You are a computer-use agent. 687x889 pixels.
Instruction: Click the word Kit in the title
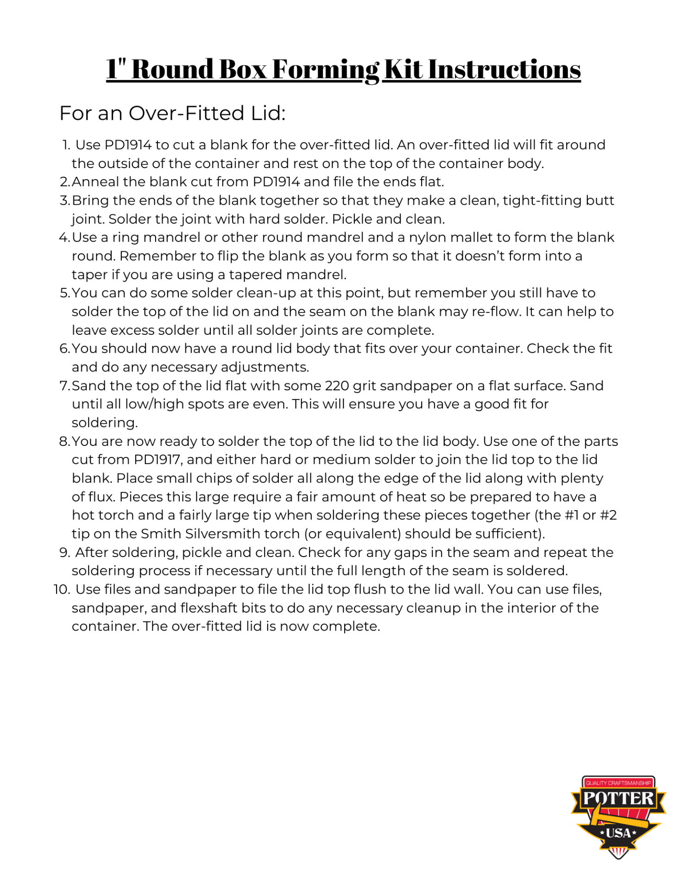point(403,69)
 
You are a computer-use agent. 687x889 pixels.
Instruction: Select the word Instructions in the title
point(504,69)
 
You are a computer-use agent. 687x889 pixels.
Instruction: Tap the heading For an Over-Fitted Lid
point(172,113)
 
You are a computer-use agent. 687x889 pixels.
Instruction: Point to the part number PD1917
point(157,460)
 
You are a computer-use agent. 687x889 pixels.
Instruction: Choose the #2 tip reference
point(608,515)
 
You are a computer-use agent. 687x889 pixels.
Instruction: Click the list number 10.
point(61,589)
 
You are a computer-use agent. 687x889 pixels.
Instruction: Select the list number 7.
point(64,386)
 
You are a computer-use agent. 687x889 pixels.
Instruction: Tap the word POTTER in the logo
point(618,798)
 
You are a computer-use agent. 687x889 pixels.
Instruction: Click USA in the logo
point(618,833)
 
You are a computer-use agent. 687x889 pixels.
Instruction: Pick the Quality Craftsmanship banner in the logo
point(618,783)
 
